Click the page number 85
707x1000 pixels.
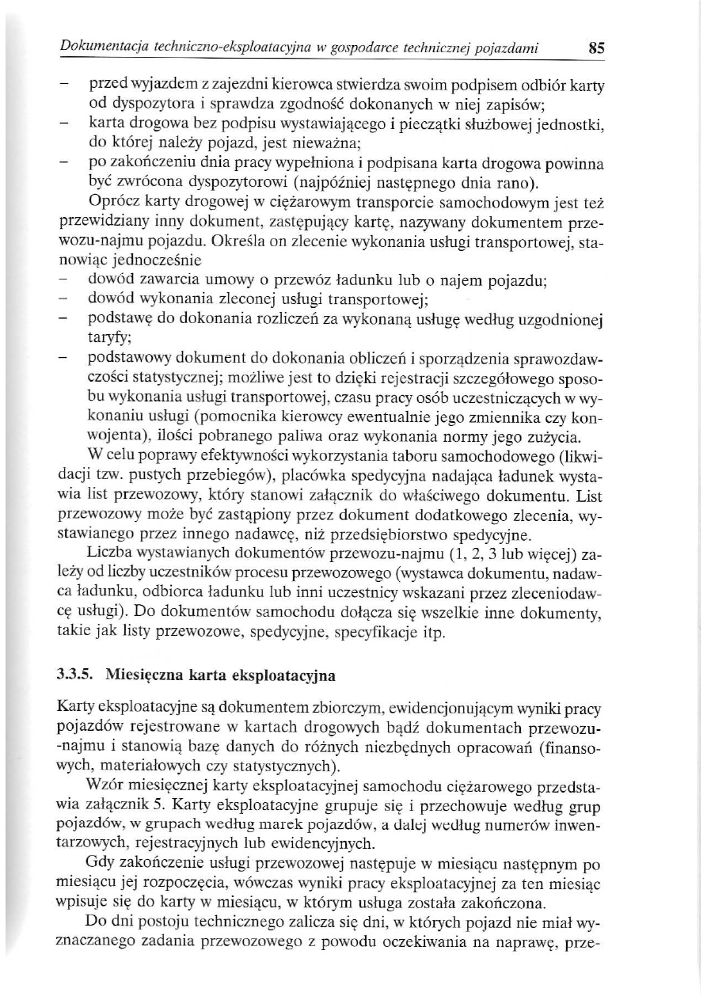click(x=596, y=48)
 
